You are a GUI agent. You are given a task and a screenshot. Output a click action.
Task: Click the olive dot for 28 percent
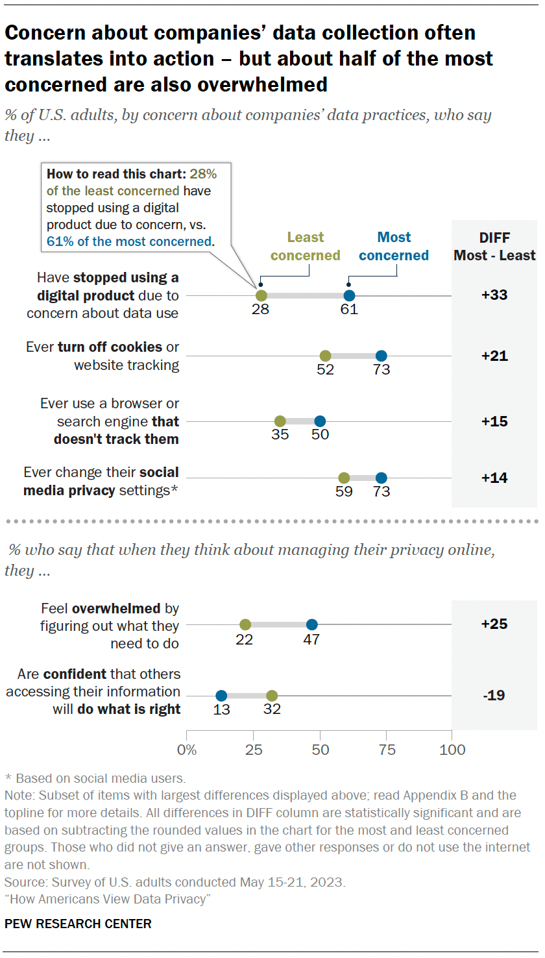click(x=261, y=295)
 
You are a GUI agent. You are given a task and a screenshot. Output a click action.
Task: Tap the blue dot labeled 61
click(x=349, y=295)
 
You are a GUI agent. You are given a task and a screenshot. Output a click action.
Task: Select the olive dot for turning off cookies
click(x=325, y=356)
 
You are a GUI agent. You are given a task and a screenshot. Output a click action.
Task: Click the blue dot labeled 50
click(x=320, y=421)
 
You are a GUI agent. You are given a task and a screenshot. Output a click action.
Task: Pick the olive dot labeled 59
click(x=344, y=478)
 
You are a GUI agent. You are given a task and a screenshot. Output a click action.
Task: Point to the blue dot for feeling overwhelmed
click(x=311, y=624)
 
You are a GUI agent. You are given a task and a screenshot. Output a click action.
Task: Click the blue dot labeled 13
click(x=221, y=696)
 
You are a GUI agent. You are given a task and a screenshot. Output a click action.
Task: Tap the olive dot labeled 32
click(x=272, y=696)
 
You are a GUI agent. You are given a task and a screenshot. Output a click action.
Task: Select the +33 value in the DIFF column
click(x=494, y=295)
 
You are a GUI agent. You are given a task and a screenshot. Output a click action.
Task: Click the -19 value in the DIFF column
click(x=494, y=695)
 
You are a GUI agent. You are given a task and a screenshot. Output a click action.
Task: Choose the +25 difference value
click(x=494, y=624)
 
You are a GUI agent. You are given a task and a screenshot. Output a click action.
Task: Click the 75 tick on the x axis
click(x=386, y=750)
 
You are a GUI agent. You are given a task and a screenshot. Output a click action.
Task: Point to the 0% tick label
click(x=187, y=750)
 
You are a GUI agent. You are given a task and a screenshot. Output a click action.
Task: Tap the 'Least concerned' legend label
click(x=305, y=247)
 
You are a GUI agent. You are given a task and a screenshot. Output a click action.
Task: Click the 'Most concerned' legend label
click(x=394, y=247)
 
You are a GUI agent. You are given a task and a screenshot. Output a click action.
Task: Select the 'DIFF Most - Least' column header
click(x=494, y=247)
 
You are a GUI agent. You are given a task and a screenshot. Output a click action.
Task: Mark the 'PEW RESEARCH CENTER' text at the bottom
click(x=78, y=924)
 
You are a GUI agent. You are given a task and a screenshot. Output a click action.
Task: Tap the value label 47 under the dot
click(x=311, y=639)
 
